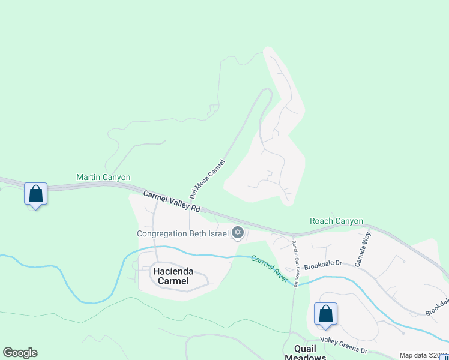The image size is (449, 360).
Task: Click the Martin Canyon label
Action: (103, 178)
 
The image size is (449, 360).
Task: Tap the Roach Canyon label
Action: (336, 221)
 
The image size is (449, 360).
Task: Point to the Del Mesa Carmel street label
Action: (207, 179)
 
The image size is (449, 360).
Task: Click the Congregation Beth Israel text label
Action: (183, 233)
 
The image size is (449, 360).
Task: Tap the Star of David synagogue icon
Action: (238, 232)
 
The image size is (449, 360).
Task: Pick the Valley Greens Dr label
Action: (343, 344)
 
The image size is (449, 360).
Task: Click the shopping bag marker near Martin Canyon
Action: (36, 194)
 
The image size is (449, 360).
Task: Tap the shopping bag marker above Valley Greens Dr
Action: (325, 313)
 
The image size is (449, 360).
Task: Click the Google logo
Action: (20, 353)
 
